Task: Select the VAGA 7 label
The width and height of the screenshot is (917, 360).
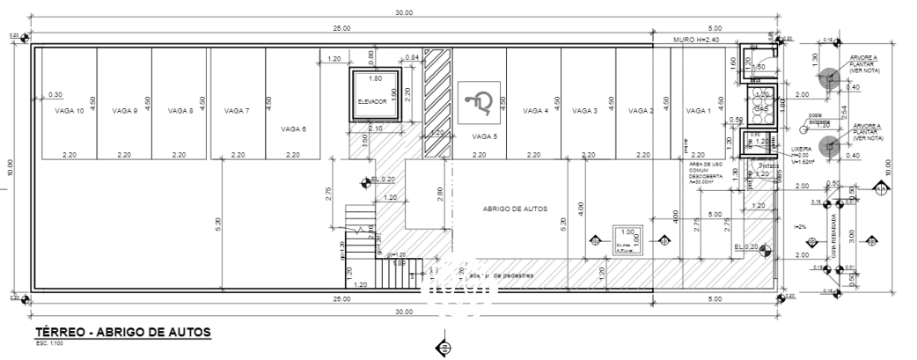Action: coord(237,112)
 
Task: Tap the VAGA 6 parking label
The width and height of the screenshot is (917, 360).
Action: coord(293,129)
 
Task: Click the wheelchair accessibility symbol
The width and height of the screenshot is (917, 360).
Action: coord(480,100)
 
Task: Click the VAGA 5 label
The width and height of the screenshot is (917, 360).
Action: coord(485,136)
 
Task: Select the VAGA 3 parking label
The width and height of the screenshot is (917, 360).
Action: coord(585,112)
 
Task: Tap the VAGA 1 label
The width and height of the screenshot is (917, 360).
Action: coord(697,112)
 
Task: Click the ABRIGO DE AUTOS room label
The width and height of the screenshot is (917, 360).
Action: coord(516,209)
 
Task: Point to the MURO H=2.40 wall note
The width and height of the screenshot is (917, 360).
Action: coord(696,40)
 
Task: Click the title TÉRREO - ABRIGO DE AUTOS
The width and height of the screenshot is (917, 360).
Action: coord(122,332)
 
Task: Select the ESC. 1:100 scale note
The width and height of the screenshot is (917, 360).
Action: coord(48,342)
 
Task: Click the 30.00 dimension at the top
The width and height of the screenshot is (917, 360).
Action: coord(403,12)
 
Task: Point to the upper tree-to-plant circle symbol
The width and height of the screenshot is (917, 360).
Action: coord(827,78)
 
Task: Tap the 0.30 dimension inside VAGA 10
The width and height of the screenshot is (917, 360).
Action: coord(55,94)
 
